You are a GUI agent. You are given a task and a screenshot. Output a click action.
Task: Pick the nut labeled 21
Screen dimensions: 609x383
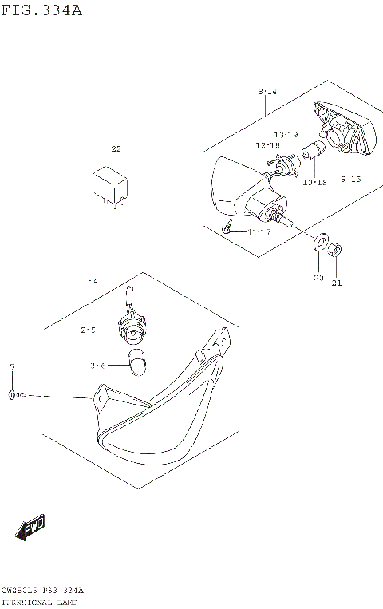coord(337,251)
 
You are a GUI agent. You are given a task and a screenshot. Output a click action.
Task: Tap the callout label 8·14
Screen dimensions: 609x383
coord(267,93)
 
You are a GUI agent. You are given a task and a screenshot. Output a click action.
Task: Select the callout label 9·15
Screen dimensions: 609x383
coord(350,179)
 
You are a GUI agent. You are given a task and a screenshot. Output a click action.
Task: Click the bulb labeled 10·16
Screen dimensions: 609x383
coord(314,152)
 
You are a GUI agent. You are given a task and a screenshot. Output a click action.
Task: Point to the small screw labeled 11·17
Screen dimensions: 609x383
coord(227,230)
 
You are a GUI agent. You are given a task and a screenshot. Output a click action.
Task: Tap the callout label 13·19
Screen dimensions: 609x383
coord(286,134)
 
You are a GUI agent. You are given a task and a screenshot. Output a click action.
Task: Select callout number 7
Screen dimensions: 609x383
coord(12,366)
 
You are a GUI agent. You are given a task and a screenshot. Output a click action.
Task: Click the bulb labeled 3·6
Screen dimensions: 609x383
coord(139,361)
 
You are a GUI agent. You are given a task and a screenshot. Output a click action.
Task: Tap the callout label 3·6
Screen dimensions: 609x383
coord(98,366)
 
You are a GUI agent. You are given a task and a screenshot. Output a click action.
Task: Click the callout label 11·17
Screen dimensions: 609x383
coord(259,231)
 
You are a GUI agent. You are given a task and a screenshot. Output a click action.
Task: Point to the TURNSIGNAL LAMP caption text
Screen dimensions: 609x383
coord(40,602)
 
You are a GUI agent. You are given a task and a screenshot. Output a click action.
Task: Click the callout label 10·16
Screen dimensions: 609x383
coord(315,182)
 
